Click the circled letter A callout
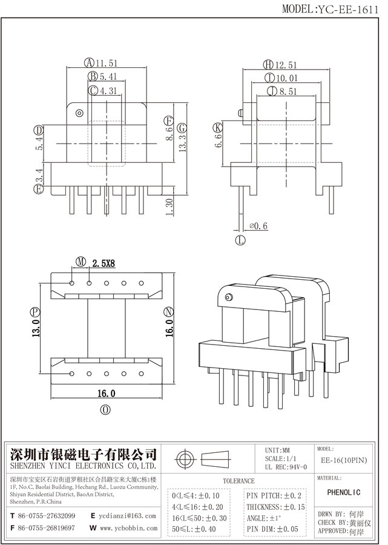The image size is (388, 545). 89,62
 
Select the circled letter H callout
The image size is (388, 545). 267,64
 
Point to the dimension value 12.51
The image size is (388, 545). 285,64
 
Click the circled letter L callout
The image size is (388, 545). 240,240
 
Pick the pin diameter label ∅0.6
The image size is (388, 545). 258,226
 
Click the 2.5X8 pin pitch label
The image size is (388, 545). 104,262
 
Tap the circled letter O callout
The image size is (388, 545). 106,410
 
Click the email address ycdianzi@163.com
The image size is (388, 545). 128,516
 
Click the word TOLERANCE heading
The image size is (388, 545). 238,481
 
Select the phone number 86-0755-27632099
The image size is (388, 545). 46,516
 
